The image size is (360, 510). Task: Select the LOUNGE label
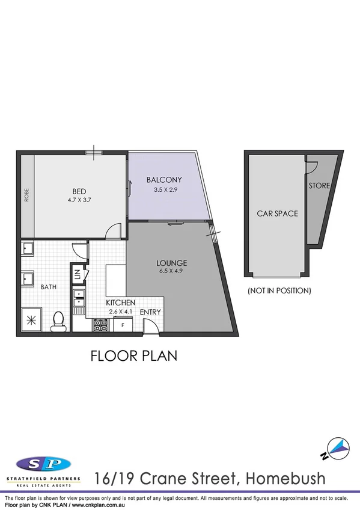[x=172, y=263]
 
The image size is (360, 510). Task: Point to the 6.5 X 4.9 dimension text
[x=172, y=272]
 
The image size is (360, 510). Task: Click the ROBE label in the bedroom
[x=26, y=196]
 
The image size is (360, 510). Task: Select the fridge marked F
[x=123, y=325]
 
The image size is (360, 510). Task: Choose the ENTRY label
[x=150, y=312]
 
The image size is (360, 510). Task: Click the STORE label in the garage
[x=319, y=186]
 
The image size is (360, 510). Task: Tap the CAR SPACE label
[x=277, y=214]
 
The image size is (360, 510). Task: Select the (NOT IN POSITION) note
[x=279, y=290]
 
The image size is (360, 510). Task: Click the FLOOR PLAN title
[x=133, y=355]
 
